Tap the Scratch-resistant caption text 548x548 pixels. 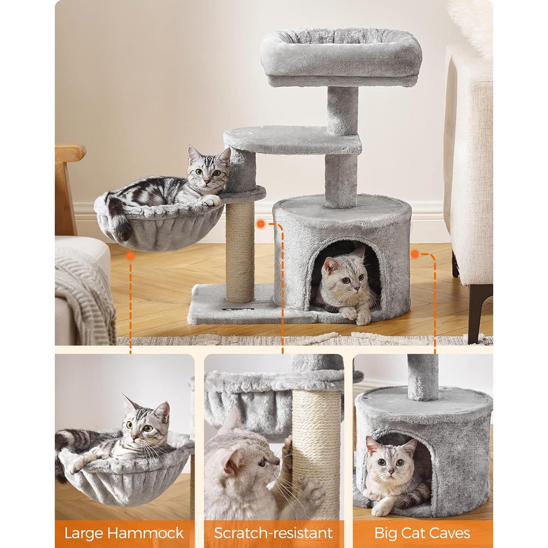(x=273, y=533)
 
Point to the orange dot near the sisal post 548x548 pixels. (x=261, y=223)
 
